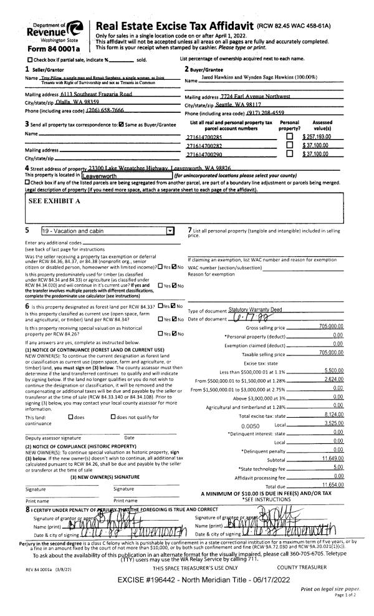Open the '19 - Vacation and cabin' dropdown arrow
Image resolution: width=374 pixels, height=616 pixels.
click(x=171, y=231)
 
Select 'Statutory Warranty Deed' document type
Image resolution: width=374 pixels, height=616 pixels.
click(x=254, y=309)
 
